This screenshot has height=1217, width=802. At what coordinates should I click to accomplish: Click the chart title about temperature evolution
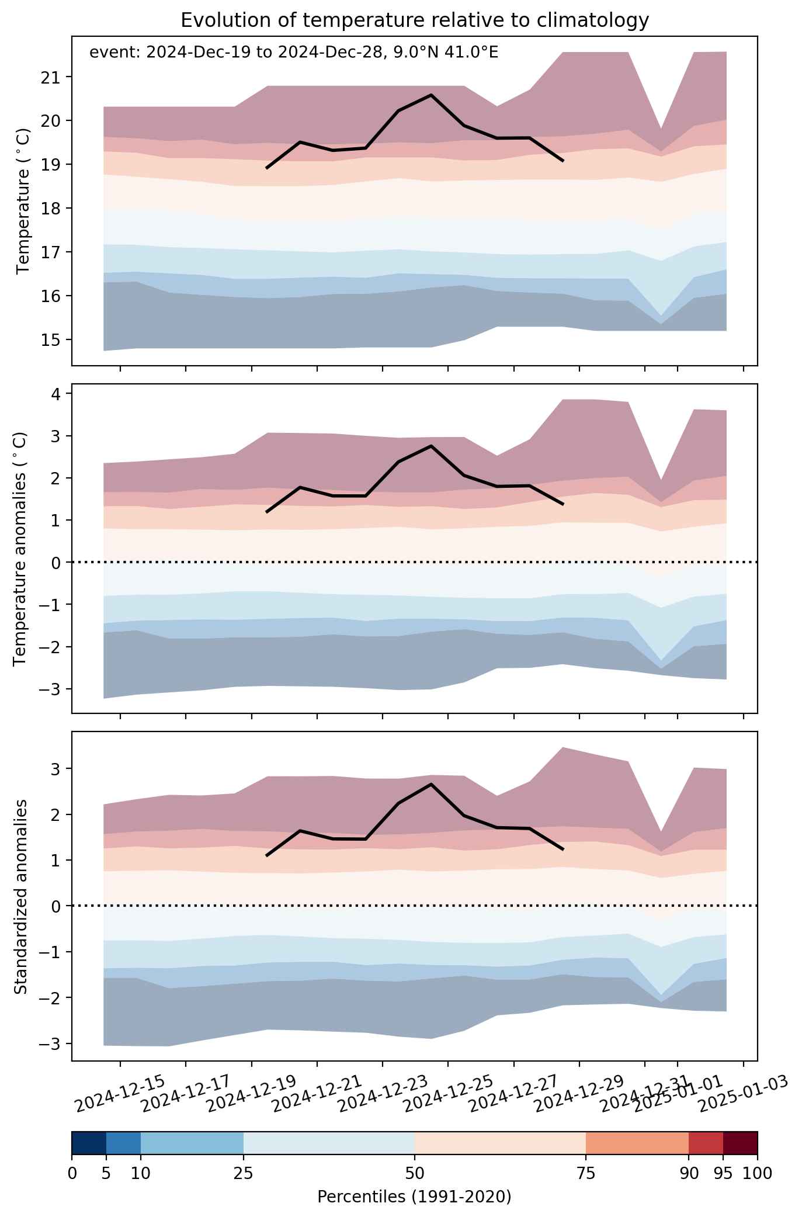[415, 20]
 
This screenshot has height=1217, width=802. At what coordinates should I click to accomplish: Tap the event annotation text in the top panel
[294, 53]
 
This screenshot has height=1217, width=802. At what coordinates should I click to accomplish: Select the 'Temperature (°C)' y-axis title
[23, 201]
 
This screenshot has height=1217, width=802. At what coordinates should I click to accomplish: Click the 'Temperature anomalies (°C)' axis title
[20, 549]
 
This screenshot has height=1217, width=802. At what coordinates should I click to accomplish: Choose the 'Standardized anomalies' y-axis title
[20, 896]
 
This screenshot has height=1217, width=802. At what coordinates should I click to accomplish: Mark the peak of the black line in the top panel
[431, 95]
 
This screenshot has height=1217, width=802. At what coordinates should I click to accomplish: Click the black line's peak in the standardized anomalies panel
[431, 784]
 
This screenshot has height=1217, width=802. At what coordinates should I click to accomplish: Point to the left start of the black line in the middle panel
[267, 512]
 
